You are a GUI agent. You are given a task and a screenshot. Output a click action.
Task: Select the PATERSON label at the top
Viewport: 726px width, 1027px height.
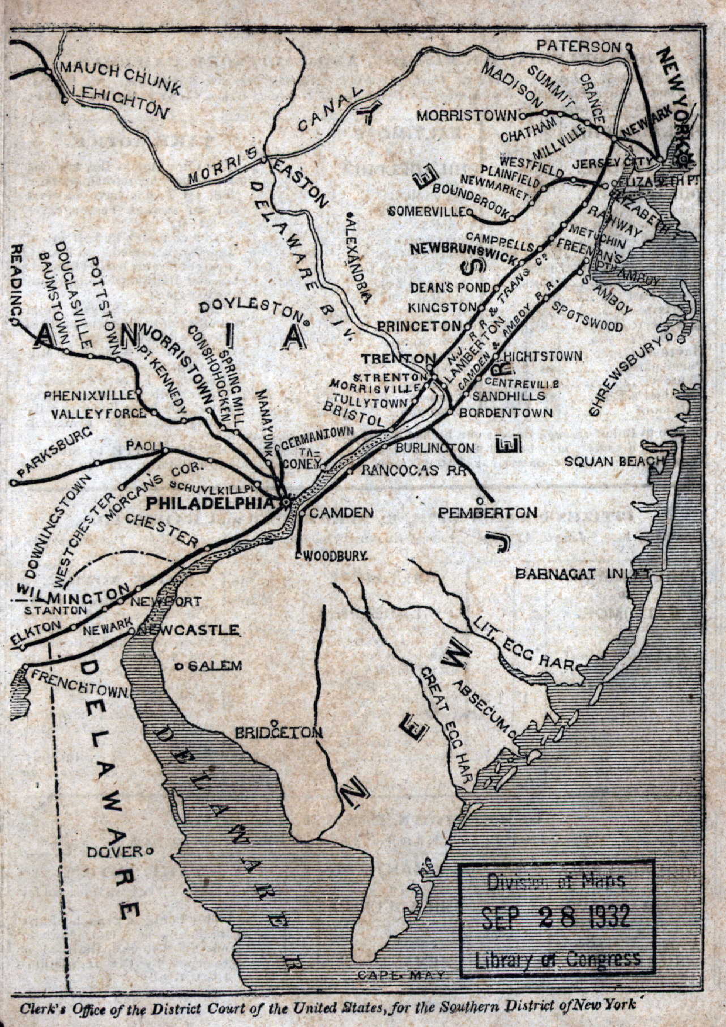coord(578,46)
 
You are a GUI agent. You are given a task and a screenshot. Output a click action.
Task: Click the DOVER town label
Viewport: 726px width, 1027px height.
coord(116,851)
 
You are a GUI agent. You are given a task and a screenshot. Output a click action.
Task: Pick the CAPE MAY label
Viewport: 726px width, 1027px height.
coord(402,975)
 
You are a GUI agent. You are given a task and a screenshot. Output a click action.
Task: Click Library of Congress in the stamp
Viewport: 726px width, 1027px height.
coord(557,958)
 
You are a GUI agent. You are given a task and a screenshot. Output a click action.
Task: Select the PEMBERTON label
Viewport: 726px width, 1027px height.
coord(488,513)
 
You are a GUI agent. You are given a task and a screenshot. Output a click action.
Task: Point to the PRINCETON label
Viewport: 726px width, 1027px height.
coord(420,326)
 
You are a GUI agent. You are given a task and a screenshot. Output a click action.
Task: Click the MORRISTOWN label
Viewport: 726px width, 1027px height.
coord(467,116)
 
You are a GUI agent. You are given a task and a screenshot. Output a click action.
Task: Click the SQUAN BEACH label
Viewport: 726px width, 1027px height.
coord(614,461)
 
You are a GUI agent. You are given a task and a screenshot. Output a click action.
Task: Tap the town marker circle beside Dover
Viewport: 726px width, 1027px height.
coord(150,850)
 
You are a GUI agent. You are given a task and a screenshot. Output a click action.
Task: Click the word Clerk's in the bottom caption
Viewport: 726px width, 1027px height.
coord(42,1009)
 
